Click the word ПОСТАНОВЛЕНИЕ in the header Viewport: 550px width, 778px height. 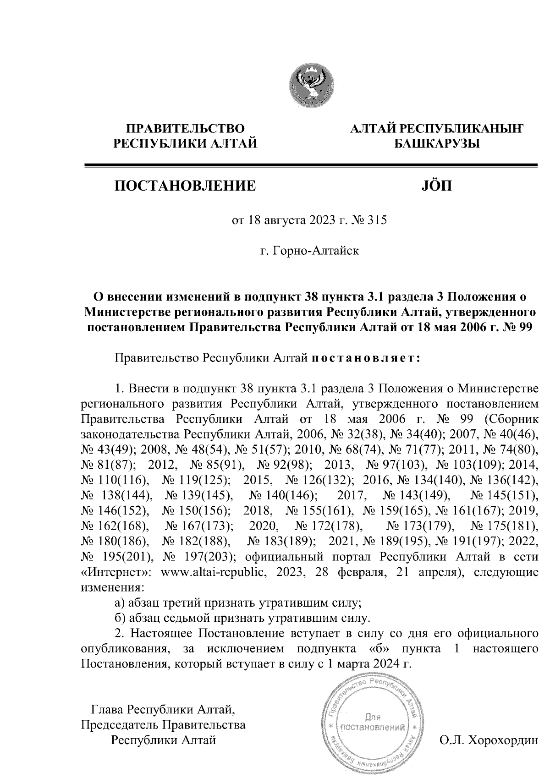pos(185,186)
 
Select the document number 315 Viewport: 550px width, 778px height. pos(378,220)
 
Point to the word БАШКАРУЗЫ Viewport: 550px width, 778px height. pos(437,144)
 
